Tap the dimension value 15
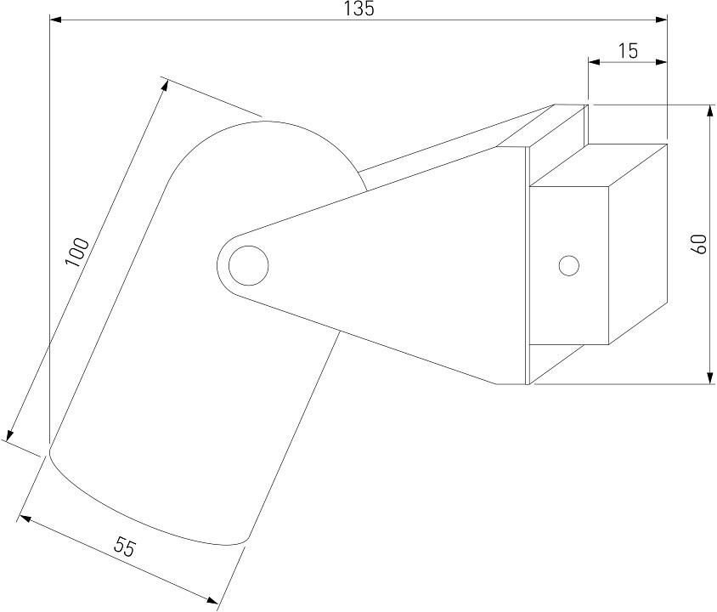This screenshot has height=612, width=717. (x=627, y=50)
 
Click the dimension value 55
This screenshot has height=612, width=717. (x=125, y=548)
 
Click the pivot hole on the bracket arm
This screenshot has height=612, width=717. (x=248, y=265)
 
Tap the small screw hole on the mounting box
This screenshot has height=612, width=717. (x=569, y=265)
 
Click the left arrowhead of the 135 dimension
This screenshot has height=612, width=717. (x=56, y=20)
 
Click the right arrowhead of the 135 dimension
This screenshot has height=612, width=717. (x=661, y=20)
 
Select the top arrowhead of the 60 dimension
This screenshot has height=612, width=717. (x=709, y=111)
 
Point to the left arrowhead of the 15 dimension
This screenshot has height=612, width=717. (x=594, y=62)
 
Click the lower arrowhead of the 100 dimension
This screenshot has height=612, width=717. (x=10, y=435)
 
